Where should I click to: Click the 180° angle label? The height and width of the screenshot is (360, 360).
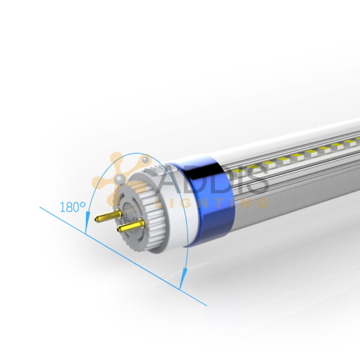[x=72, y=207]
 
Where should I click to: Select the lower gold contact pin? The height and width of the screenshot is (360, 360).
[x=130, y=223]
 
